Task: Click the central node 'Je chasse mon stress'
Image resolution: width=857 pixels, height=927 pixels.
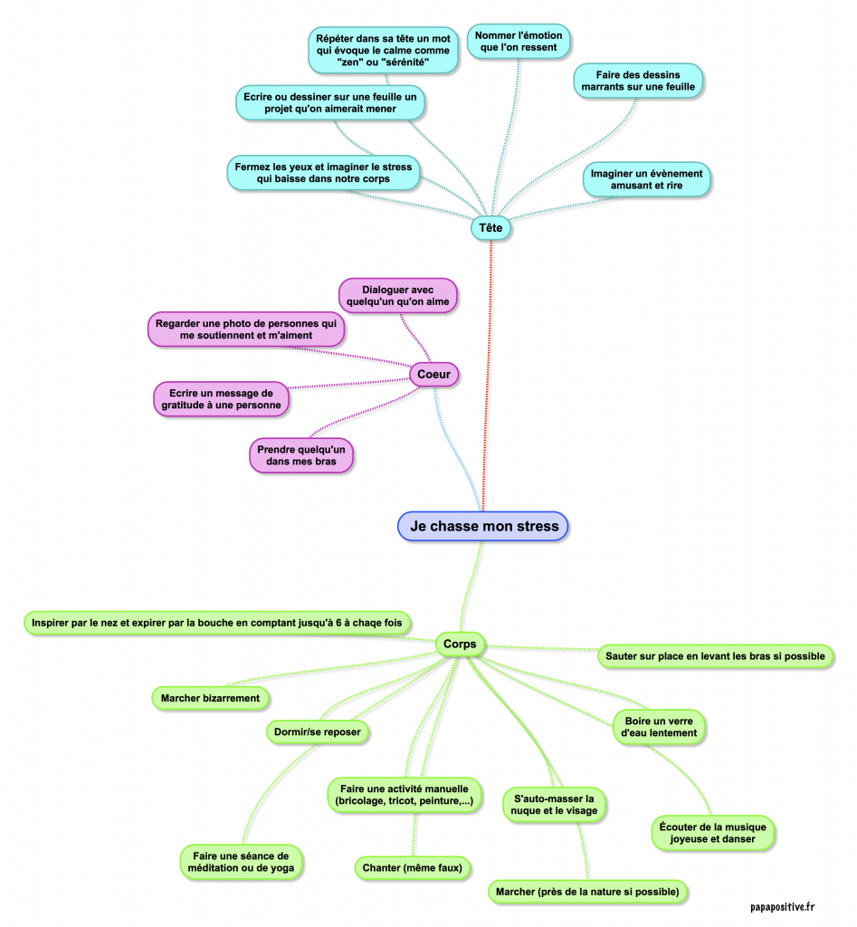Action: click(483, 526)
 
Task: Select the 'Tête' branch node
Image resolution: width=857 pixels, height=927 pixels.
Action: click(490, 229)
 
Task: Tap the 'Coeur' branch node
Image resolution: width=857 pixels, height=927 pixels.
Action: click(434, 374)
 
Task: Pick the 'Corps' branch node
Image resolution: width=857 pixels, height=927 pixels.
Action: click(461, 644)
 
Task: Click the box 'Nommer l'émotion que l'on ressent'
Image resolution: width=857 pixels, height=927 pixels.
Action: click(519, 42)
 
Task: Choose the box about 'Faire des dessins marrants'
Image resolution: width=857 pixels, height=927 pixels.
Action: click(638, 80)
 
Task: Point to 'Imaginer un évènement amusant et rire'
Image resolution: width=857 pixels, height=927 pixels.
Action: click(647, 179)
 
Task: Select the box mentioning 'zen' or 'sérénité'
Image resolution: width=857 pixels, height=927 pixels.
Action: click(383, 50)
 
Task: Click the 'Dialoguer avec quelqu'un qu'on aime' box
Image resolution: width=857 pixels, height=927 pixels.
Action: click(398, 295)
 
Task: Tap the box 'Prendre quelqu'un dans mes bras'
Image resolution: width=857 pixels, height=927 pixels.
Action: click(301, 455)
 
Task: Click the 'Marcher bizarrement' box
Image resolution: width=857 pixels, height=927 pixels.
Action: click(210, 698)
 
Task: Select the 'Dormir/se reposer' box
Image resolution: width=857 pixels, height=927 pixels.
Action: click(318, 731)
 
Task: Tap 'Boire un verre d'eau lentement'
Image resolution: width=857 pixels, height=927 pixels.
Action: click(659, 727)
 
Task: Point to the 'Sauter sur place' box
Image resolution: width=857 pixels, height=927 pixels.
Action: click(715, 655)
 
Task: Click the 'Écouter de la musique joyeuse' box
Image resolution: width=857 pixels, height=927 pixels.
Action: click(713, 833)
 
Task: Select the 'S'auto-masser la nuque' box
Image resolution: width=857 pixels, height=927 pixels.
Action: click(556, 805)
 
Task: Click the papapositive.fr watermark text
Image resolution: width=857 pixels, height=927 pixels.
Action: click(783, 906)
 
